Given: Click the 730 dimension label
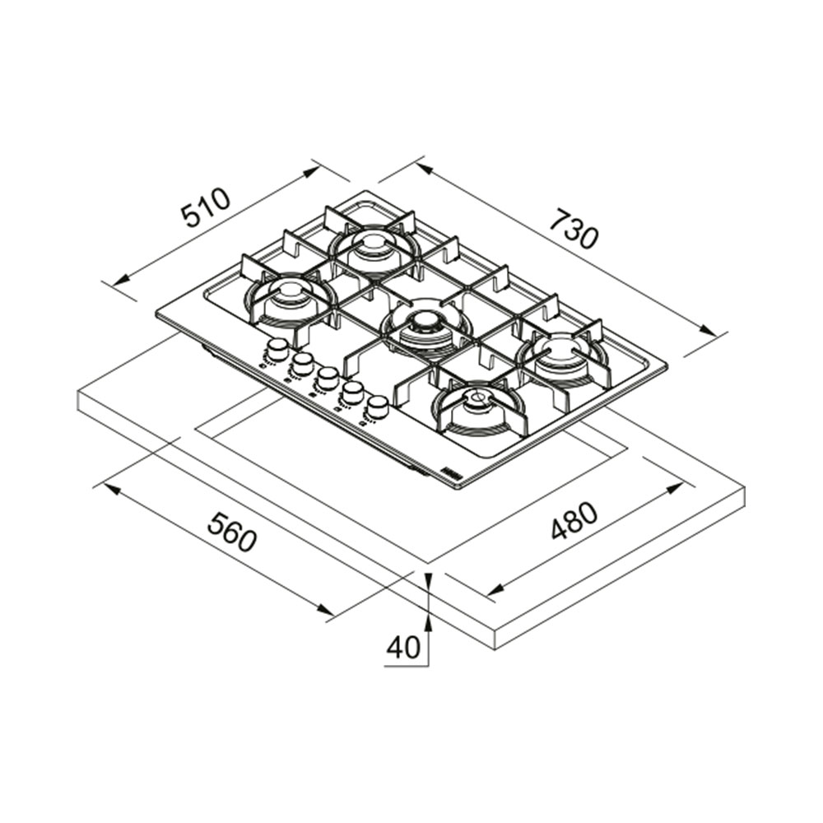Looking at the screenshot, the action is pyautogui.click(x=574, y=230).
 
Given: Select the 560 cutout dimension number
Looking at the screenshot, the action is pyautogui.click(x=233, y=532).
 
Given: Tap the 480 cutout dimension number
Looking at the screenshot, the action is pyautogui.click(x=574, y=521).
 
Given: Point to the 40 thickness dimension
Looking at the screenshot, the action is pyautogui.click(x=403, y=647).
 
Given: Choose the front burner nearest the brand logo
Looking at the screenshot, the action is pyautogui.click(x=477, y=409).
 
